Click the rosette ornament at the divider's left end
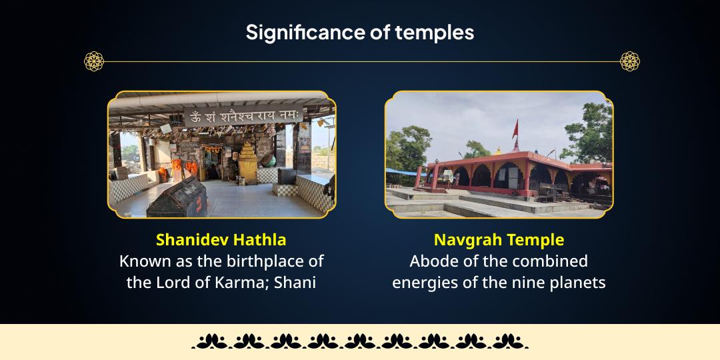(94, 61)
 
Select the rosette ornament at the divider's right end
(629, 61)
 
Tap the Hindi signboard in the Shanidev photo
(245, 117)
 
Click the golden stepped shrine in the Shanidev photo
(249, 163)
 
